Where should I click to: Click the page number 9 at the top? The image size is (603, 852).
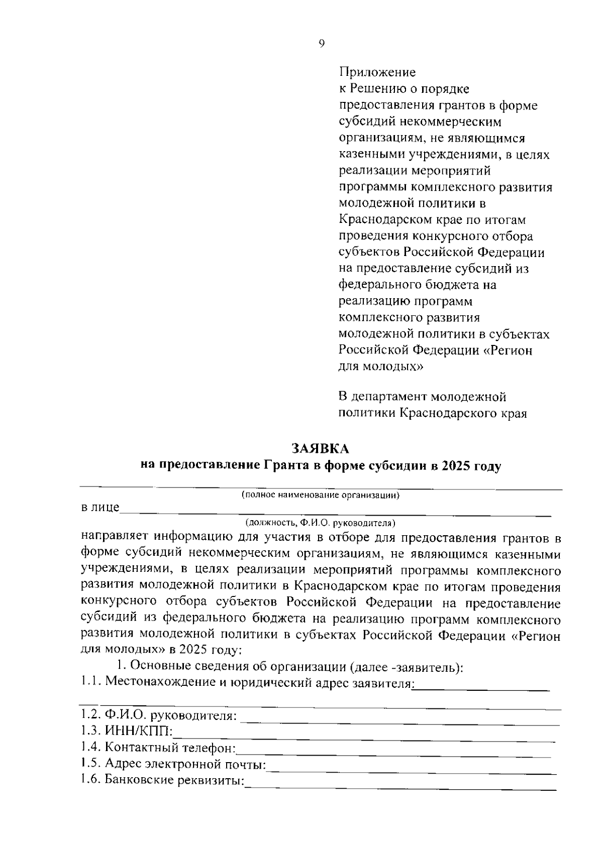(x=322, y=44)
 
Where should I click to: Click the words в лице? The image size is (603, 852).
(x=100, y=508)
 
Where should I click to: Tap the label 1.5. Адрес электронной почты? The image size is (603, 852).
(x=173, y=764)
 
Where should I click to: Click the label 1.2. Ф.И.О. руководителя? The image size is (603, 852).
(x=159, y=714)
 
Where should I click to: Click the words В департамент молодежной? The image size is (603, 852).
(x=421, y=397)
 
